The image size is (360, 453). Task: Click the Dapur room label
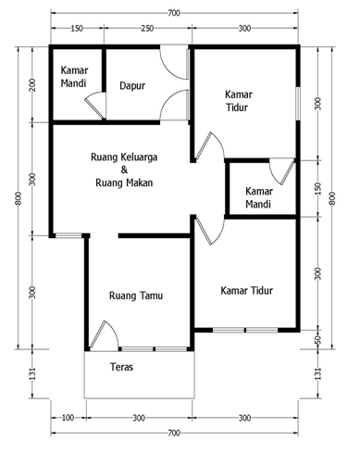tap(132, 85)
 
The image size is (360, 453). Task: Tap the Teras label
tap(122, 367)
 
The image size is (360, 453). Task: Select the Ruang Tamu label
tap(136, 296)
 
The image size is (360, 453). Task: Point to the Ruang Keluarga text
tap(124, 157)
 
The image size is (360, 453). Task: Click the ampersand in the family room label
tap(124, 170)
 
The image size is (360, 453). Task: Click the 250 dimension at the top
tap(147, 29)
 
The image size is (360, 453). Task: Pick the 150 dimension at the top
tap(77, 29)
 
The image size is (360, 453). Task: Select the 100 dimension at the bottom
tap(68, 418)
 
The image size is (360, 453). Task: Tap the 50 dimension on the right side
tap(318, 340)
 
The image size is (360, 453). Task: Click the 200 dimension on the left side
tap(32, 85)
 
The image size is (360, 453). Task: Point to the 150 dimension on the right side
tap(318, 188)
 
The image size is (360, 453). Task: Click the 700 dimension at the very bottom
tap(174, 433)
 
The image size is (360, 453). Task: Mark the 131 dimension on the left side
tap(32, 373)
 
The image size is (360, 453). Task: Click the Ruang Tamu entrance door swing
tap(104, 335)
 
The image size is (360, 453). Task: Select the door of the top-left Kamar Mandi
tap(96, 105)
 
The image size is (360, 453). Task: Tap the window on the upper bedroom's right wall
tap(298, 104)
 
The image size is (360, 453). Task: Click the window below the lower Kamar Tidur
tap(245, 330)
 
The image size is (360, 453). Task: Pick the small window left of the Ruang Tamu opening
tap(68, 235)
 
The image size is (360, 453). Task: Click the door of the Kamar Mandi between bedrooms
tap(282, 171)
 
